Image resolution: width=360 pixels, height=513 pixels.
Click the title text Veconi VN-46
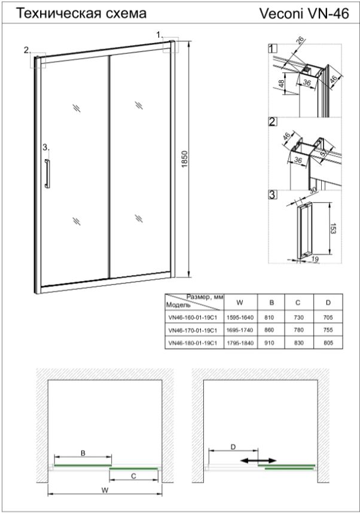(x=304, y=14)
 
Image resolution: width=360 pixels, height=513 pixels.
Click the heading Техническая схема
(x=81, y=13)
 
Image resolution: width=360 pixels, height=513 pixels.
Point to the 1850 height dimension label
(x=185, y=160)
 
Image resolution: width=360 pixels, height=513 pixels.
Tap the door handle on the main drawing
(x=47, y=173)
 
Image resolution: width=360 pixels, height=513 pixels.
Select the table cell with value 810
(x=269, y=317)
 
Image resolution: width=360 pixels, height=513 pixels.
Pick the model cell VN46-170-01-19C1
(x=193, y=331)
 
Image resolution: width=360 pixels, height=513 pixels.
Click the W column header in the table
(x=240, y=303)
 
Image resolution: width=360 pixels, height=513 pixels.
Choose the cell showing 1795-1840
(x=240, y=343)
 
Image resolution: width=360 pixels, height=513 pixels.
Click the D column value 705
(x=328, y=317)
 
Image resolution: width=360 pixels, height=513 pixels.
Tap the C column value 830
(x=299, y=343)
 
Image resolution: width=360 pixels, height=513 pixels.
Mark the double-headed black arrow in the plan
(x=258, y=460)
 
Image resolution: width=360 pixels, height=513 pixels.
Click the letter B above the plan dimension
(x=83, y=453)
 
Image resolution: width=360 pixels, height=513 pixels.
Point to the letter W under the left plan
(x=105, y=490)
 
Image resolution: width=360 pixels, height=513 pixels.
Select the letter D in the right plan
(x=233, y=447)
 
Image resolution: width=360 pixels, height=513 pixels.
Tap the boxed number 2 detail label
(x=272, y=122)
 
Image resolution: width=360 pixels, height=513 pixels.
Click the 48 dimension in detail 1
(x=281, y=83)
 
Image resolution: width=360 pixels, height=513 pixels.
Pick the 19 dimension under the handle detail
(x=315, y=259)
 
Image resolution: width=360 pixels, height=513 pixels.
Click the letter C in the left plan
(x=133, y=476)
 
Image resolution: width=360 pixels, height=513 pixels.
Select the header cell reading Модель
(x=178, y=306)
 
